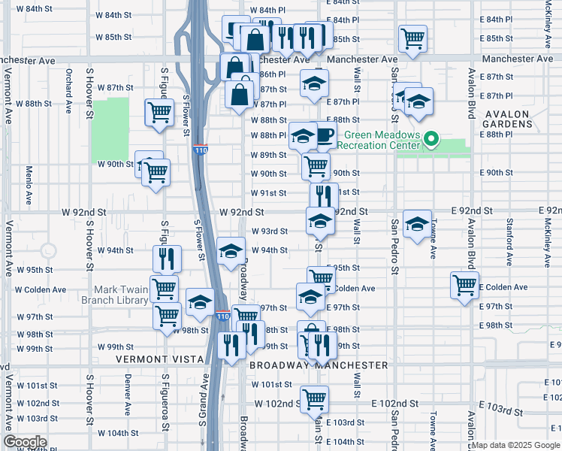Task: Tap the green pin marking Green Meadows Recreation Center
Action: (431, 139)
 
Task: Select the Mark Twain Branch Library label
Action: (121, 295)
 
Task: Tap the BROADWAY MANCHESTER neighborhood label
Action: (319, 365)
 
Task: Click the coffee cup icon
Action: (324, 135)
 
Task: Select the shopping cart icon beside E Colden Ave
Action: (465, 284)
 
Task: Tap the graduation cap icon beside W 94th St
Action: (231, 250)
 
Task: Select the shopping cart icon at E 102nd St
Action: (314, 398)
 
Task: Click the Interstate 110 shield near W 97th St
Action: (223, 316)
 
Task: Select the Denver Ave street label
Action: (128, 390)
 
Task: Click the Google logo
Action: (26, 441)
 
